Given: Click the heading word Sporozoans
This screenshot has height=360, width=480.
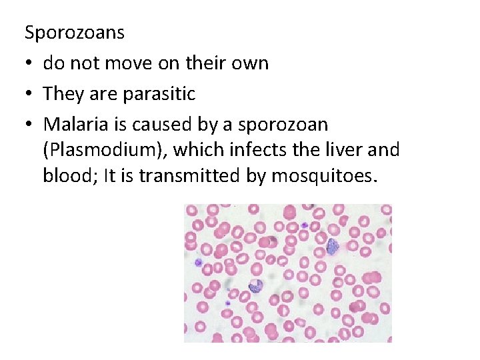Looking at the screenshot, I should tap(74, 31).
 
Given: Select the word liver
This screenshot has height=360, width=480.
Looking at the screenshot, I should tap(341, 150).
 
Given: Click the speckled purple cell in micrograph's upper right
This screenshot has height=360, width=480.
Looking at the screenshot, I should tap(331, 246).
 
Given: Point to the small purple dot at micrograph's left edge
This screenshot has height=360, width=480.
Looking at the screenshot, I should tap(198, 263).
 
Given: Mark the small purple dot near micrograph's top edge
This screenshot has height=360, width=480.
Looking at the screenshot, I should tap(303, 225).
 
